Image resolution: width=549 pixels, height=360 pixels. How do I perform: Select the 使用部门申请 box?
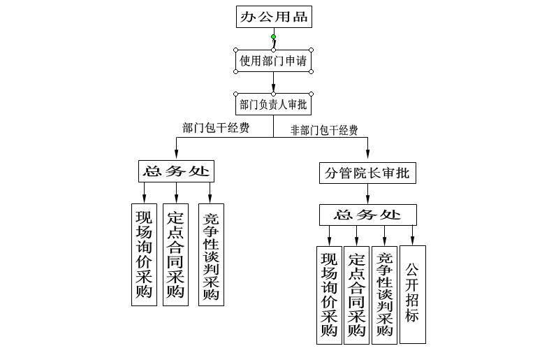[273, 61]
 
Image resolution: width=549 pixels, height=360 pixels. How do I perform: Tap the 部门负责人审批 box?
[273, 105]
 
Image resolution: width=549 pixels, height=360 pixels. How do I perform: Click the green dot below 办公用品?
[273, 37]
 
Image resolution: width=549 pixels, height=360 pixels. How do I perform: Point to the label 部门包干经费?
[216, 128]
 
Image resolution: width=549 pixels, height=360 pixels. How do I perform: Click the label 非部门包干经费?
[324, 130]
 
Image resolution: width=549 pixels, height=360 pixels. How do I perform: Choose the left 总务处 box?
[176, 171]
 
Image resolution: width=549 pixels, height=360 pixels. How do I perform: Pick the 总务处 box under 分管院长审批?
[367, 215]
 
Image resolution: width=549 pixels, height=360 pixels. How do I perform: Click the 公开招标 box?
[412, 294]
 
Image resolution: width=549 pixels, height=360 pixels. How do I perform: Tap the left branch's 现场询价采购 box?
[144, 254]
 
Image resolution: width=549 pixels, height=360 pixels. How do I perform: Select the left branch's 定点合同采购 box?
[175, 254]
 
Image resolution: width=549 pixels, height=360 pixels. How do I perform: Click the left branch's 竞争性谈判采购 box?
[210, 254]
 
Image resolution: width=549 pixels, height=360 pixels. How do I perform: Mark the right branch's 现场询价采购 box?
[329, 294]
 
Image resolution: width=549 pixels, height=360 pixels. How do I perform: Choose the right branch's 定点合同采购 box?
[356, 294]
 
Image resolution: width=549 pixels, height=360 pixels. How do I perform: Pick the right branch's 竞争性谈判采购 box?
[384, 294]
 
